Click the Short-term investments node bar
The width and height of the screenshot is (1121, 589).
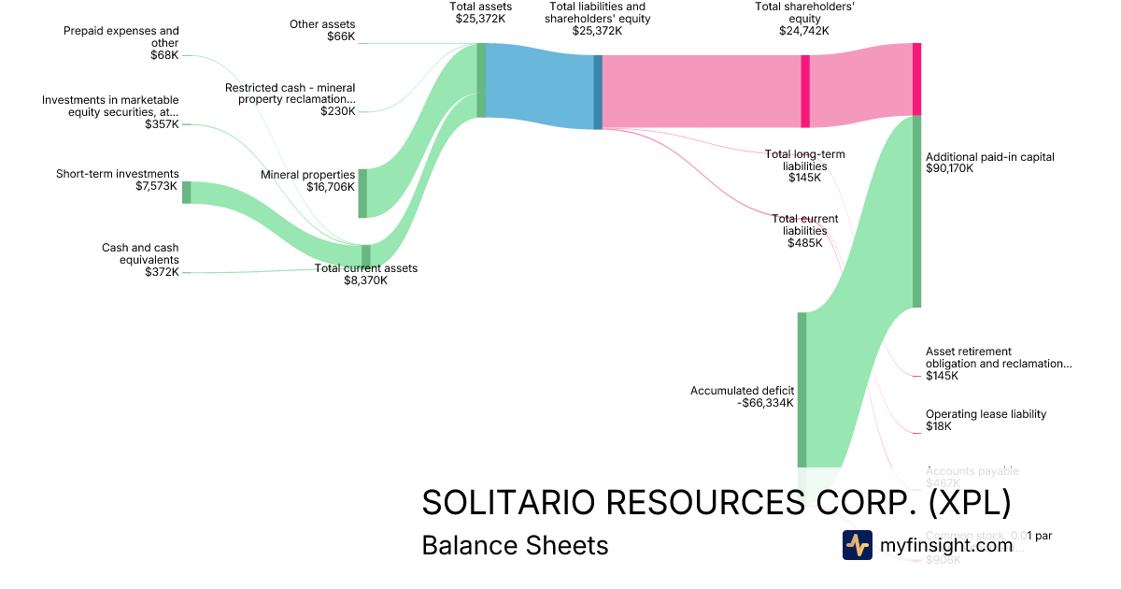pyautogui.click(x=186, y=192)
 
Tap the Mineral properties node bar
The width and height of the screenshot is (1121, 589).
pyautogui.click(x=362, y=194)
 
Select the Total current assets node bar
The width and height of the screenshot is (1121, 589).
pyautogui.click(x=366, y=255)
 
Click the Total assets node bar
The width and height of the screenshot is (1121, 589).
pyautogui.click(x=481, y=80)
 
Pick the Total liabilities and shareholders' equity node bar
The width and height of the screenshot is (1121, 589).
pyautogui.click(x=598, y=92)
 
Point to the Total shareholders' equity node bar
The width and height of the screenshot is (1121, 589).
pyautogui.click(x=805, y=91)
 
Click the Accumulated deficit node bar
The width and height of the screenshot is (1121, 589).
pyautogui.click(x=802, y=389)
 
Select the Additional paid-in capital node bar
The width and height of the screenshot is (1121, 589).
pyautogui.click(x=916, y=210)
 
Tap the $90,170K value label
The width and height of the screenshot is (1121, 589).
pyautogui.click(x=949, y=169)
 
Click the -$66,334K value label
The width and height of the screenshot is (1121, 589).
pyautogui.click(x=765, y=403)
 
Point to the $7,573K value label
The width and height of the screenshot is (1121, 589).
pyautogui.click(x=156, y=186)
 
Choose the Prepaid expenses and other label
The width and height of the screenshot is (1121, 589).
pyautogui.click(x=121, y=36)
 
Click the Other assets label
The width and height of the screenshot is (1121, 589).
pyautogui.click(x=322, y=24)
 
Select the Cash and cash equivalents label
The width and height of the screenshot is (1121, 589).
pyautogui.click(x=140, y=253)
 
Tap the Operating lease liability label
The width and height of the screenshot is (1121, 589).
pyautogui.click(x=986, y=414)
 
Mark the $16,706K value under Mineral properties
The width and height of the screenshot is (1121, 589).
pyautogui.click(x=330, y=187)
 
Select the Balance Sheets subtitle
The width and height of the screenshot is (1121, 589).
pyautogui.click(x=515, y=545)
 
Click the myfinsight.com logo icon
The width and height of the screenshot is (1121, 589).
pyautogui.click(x=857, y=544)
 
